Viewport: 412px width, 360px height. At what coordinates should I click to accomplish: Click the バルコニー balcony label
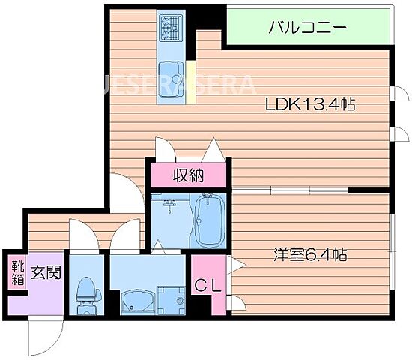[306, 28]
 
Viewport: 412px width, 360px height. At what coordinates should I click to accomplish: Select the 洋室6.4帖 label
[309, 255]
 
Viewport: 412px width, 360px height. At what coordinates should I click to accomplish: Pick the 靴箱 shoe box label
[16, 273]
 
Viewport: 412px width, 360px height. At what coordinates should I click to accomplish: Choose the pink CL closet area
[206, 285]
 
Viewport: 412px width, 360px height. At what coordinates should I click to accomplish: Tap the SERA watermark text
[218, 82]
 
